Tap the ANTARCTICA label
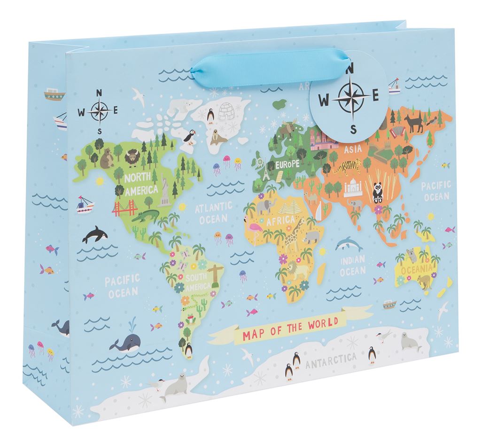coord(330,364)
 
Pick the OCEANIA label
coord(416,269)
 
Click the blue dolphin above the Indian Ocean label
coord(349,243)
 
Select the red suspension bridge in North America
coord(124,208)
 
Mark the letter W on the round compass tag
coord(324,100)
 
